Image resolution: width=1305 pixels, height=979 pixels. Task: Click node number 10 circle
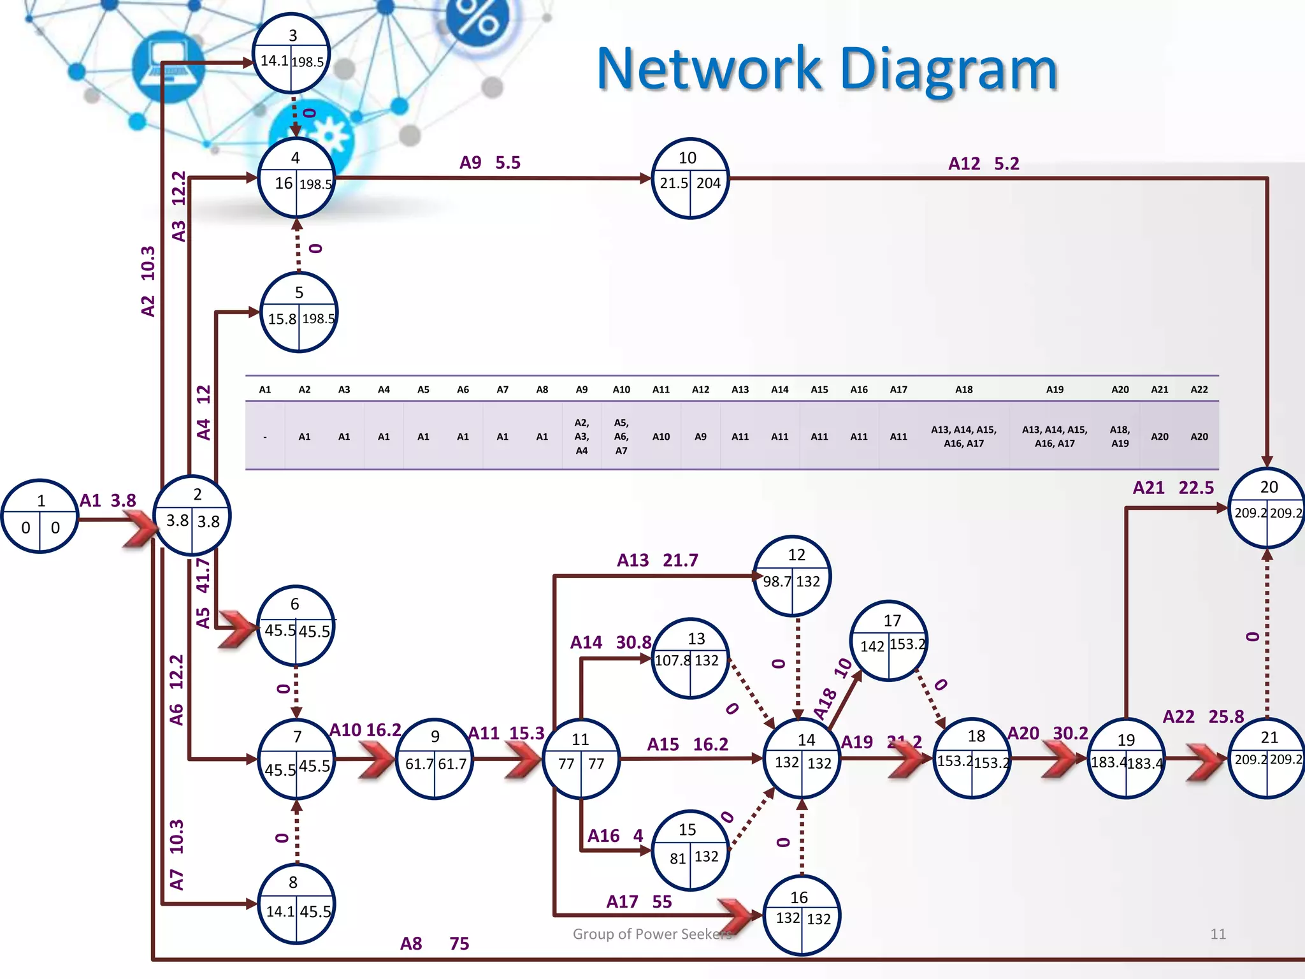pos(690,178)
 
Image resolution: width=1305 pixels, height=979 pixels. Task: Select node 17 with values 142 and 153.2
pos(890,641)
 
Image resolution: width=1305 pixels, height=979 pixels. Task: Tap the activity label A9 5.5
pos(490,163)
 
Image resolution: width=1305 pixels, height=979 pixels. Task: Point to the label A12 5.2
pos(983,164)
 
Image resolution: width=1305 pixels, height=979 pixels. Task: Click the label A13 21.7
pos(657,560)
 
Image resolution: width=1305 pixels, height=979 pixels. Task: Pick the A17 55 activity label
pos(638,901)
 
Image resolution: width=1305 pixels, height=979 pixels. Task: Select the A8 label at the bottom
pos(411,943)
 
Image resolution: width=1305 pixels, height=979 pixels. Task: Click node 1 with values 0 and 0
pos(40,516)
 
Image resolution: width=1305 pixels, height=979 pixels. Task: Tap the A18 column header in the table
pos(963,389)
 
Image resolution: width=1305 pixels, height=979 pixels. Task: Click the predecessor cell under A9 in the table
pos(581,437)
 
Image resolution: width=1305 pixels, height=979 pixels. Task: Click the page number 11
pos(1218,934)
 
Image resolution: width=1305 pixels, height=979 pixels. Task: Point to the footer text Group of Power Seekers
pos(652,934)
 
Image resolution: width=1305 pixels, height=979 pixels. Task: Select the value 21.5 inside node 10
pos(674,183)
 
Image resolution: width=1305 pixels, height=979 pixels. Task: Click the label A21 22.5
pos(1172,488)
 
